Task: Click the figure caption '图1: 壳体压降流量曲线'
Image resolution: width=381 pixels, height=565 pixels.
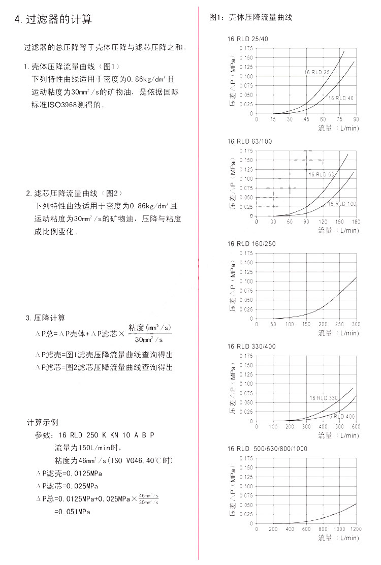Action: (250, 18)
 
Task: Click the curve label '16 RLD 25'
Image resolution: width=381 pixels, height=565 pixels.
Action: (317, 72)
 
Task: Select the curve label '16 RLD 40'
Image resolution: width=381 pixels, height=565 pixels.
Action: (341, 98)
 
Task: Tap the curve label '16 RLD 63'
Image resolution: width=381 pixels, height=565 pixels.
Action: (321, 174)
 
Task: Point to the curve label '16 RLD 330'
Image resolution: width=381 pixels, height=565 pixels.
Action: (324, 397)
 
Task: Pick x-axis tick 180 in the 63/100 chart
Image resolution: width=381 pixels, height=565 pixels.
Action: (356, 222)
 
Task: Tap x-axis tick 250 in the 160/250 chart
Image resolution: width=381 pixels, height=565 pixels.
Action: (339, 324)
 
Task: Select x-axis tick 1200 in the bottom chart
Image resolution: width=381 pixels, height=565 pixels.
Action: (355, 529)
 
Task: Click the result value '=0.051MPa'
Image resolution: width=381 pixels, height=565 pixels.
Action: (72, 512)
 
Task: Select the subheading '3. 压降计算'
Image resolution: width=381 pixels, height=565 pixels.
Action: (46, 318)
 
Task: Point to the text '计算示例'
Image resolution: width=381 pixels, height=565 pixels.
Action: (43, 422)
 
